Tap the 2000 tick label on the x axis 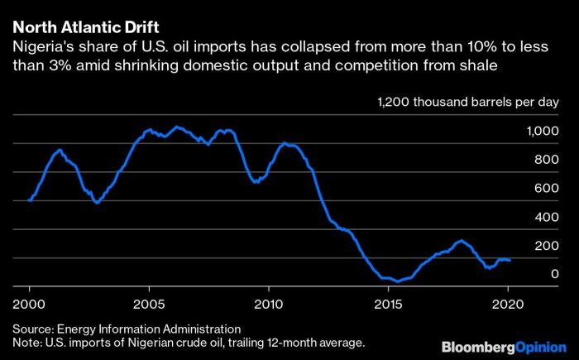(x=29, y=303)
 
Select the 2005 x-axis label (x=148, y=303)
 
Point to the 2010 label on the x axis (x=267, y=303)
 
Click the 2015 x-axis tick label (x=386, y=303)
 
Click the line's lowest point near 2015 (x=397, y=281)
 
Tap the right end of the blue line (x=510, y=260)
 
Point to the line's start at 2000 (x=29, y=200)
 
